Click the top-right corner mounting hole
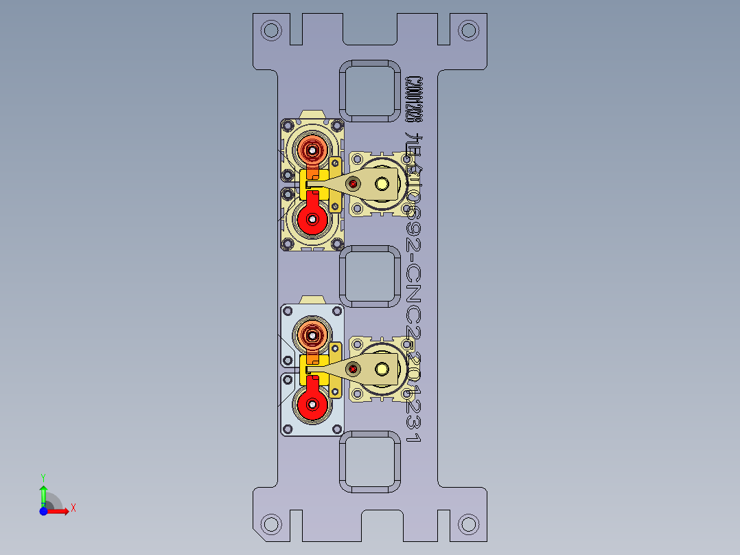[x=468, y=30]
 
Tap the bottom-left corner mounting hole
[x=272, y=524]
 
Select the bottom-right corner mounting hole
[x=468, y=524]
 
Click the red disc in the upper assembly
[x=313, y=219]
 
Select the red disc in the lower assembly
[x=313, y=405]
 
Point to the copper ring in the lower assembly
[x=313, y=335]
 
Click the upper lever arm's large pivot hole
[x=382, y=183]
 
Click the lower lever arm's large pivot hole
[x=382, y=370]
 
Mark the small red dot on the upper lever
[x=354, y=183]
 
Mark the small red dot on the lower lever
[x=353, y=370]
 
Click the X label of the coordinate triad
[x=73, y=508]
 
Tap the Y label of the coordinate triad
[x=43, y=477]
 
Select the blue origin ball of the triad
[x=43, y=511]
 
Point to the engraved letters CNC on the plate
[x=414, y=299]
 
